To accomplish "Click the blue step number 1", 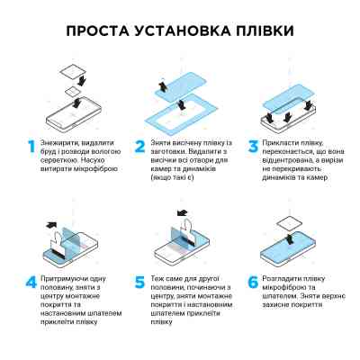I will [x=32, y=146].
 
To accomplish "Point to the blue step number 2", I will [x=140, y=146].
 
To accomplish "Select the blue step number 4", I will [x=32, y=283].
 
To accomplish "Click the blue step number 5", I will [x=140, y=283].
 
